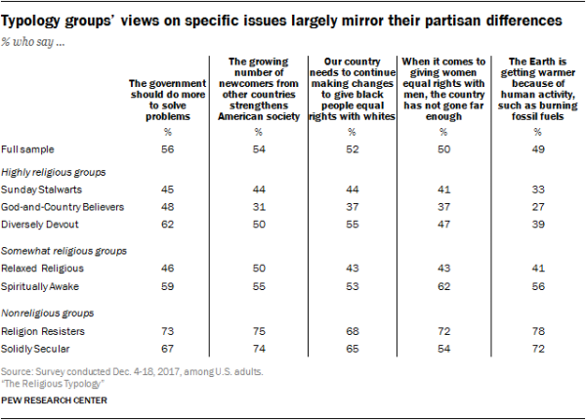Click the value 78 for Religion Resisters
pyautogui.click(x=534, y=330)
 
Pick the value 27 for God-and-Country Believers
pyautogui.click(x=534, y=205)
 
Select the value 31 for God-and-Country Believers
pyautogui.click(x=259, y=205)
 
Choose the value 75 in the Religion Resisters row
pyautogui.click(x=259, y=330)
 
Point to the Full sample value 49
pyautogui.click(x=534, y=148)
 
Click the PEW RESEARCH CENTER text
pyautogui.click(x=54, y=400)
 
